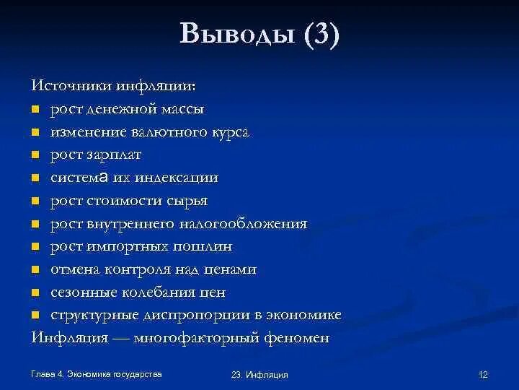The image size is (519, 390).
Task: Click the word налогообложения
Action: pyautogui.click(x=245, y=223)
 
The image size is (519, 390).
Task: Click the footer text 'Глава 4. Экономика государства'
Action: pyautogui.click(x=96, y=374)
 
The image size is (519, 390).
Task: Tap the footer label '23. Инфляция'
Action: pyautogui.click(x=259, y=375)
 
